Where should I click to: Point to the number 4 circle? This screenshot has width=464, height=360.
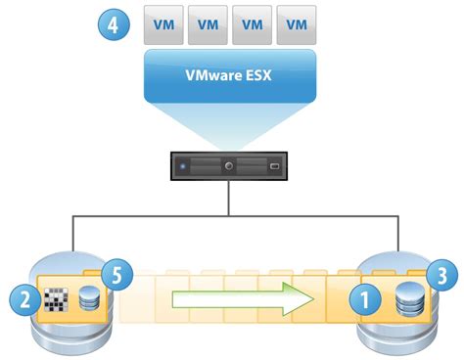click(x=113, y=24)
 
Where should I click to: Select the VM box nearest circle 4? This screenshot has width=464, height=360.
click(x=163, y=25)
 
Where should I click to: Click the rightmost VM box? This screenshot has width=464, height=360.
click(x=297, y=25)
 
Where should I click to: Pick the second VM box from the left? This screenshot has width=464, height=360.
click(x=208, y=25)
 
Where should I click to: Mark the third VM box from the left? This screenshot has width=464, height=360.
click(x=253, y=25)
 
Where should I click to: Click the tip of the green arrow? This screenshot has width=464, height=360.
click(x=320, y=297)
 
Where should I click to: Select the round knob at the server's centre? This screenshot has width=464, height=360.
click(x=228, y=167)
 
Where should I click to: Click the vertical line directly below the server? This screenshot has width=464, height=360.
click(x=229, y=199)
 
